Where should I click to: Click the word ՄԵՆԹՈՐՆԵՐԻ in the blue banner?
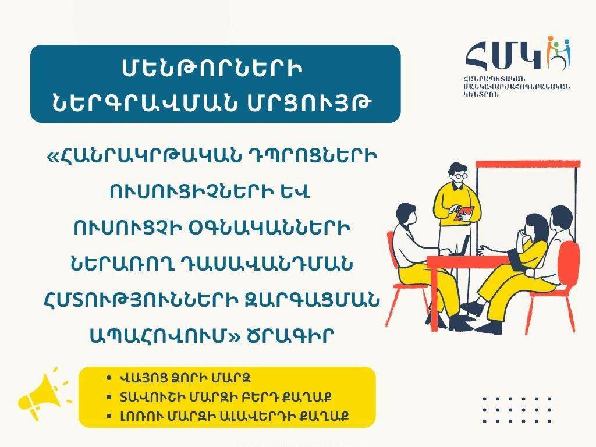point(212,69)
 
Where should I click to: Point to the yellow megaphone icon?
point(42,394)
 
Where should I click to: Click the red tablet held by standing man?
point(464,213)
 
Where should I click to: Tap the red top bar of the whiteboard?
point(528,164)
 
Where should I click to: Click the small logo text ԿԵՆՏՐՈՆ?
point(480,95)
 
